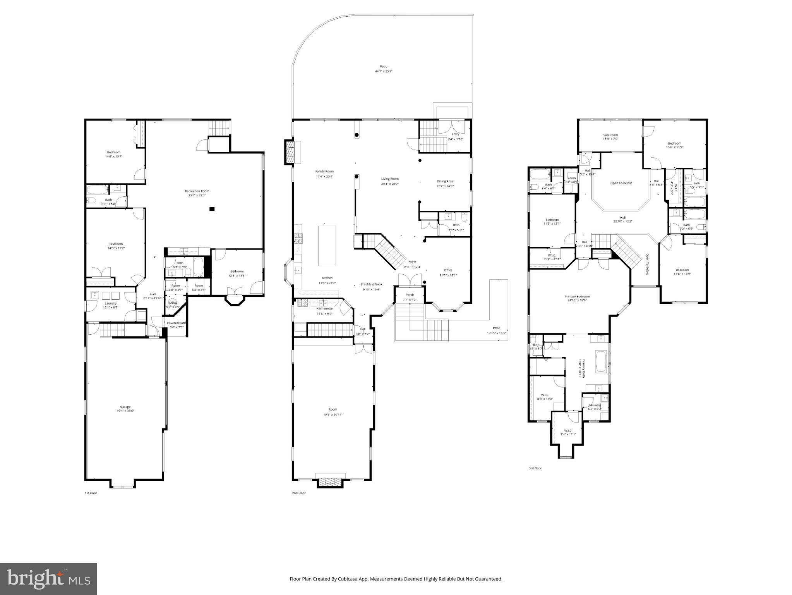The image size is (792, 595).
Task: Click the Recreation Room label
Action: pos(197,191)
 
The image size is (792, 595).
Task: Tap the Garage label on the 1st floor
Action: pos(125,407)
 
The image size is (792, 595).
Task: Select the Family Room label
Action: pos(324,171)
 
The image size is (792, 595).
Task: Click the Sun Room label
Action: pos(610,135)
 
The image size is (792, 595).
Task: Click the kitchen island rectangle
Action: pos(327,246)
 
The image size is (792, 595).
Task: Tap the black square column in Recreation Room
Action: pos(212,209)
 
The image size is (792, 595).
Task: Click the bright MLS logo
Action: pos(48,579)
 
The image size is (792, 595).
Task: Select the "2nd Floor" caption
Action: pos(298,493)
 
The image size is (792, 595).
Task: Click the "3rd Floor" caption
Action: pos(535,468)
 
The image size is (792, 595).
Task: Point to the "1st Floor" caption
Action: pos(91,493)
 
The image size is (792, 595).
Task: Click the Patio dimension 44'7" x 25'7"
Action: pos(383,72)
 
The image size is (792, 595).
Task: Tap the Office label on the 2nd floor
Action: pos(448,270)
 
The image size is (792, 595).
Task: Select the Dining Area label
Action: pos(445,181)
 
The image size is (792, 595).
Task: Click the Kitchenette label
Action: pos(324,308)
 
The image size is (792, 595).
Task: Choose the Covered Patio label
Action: pos(177,323)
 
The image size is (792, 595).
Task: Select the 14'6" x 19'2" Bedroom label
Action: pos(116,244)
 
